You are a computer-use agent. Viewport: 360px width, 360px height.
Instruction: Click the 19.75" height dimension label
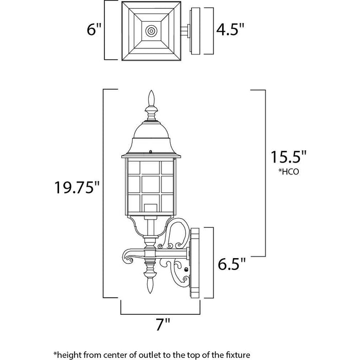click(77, 187)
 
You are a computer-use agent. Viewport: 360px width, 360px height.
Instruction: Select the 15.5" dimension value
click(289, 157)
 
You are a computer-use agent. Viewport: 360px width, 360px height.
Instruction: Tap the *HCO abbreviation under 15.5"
click(289, 171)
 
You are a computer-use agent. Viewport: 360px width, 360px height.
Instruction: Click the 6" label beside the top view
click(94, 29)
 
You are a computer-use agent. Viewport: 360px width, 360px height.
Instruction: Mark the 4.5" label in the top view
click(230, 29)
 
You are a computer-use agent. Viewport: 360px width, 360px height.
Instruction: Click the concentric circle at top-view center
click(151, 31)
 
